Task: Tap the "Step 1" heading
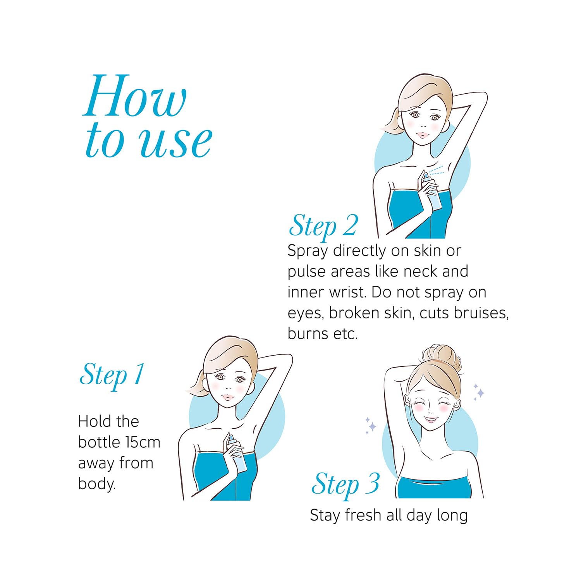(112, 375)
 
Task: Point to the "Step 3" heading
(346, 484)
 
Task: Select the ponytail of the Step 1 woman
(197, 383)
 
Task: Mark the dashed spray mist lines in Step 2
(436, 171)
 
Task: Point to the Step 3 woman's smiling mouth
(431, 419)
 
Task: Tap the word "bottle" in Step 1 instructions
(99, 442)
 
